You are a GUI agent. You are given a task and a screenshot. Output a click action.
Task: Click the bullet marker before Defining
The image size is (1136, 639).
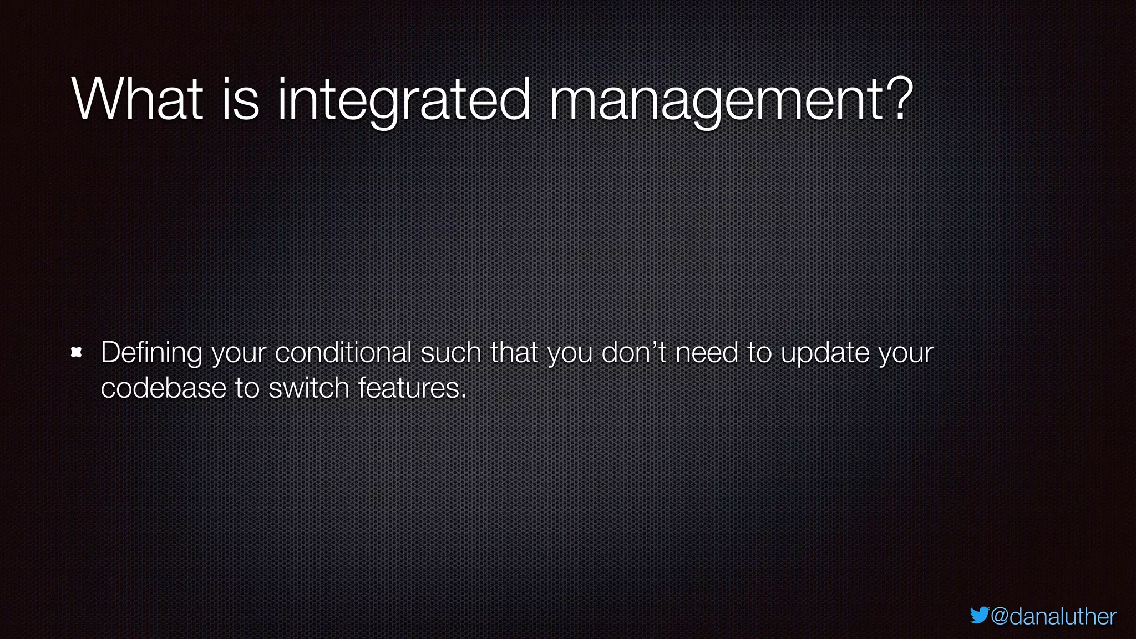pyautogui.click(x=77, y=352)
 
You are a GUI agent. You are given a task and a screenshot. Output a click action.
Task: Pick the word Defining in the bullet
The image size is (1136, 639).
pyautogui.click(x=151, y=353)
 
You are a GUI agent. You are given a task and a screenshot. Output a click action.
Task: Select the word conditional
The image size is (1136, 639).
pyautogui.click(x=343, y=352)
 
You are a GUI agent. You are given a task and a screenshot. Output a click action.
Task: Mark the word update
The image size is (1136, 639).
pyautogui.click(x=825, y=353)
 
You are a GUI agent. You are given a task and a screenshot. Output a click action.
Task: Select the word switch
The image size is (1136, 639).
pyautogui.click(x=309, y=388)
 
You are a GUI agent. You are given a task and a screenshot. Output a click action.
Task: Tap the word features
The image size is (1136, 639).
pyautogui.click(x=408, y=388)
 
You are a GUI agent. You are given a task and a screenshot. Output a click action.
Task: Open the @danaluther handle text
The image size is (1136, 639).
pyautogui.click(x=1053, y=616)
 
